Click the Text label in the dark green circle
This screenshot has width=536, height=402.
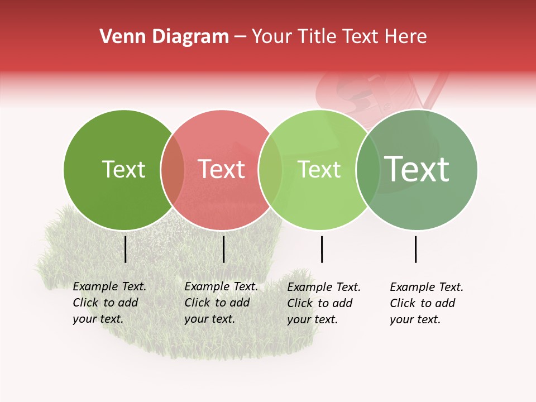pos(123,169)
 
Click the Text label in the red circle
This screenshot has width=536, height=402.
pos(221,169)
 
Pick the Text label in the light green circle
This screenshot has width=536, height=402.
pos(319,169)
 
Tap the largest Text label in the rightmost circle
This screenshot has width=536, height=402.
pos(417,169)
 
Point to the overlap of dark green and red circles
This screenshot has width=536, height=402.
pos(173,170)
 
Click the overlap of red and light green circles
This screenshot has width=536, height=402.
pos(270,170)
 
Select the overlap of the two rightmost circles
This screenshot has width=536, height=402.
pos(368,170)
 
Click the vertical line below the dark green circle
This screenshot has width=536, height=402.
pos(126,249)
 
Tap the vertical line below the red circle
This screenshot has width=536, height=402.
pos(223,249)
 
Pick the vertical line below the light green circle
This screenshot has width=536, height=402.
pos(322,249)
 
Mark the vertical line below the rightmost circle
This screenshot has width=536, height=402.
pos(416,249)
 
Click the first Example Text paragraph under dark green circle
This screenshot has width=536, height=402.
pos(109,303)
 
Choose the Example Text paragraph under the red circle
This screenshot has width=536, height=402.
pos(221,303)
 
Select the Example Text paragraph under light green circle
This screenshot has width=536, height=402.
pos(324,303)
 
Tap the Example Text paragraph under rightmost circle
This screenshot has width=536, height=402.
pos(427,303)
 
